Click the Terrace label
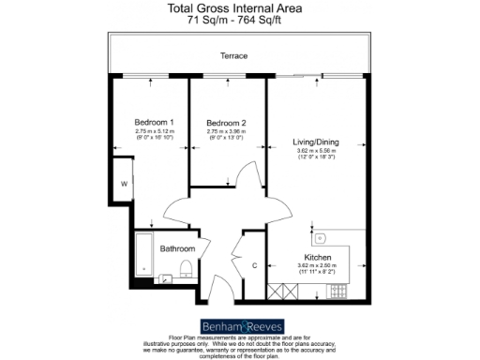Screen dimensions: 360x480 click(233, 56)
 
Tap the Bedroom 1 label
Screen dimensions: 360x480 click(155, 123)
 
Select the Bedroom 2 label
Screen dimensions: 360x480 click(227, 123)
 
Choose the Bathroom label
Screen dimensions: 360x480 click(176, 248)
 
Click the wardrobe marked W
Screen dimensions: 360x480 click(123, 185)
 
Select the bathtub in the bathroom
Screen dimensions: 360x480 click(142, 256)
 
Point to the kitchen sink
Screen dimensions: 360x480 click(319, 238)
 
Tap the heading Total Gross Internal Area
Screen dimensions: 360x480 click(239, 8)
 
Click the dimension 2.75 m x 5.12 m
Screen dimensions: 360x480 click(155, 132)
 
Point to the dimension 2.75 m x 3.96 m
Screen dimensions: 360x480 click(227, 132)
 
